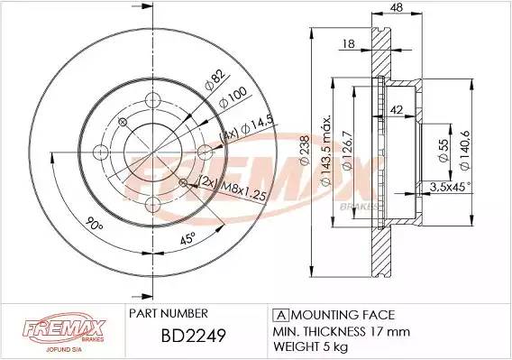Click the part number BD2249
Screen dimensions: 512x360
[193, 336]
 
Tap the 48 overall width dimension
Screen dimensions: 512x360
[397, 7]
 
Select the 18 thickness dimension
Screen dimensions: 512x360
[349, 43]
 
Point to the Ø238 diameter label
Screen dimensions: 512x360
[304, 150]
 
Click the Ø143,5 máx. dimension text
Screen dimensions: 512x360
[326, 150]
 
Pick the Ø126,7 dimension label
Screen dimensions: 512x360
[347, 150]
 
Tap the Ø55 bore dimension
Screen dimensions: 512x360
[443, 151]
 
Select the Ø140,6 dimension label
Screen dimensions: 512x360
[464, 150]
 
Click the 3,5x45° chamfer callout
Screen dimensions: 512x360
[451, 187]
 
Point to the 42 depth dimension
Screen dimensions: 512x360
[397, 110]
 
